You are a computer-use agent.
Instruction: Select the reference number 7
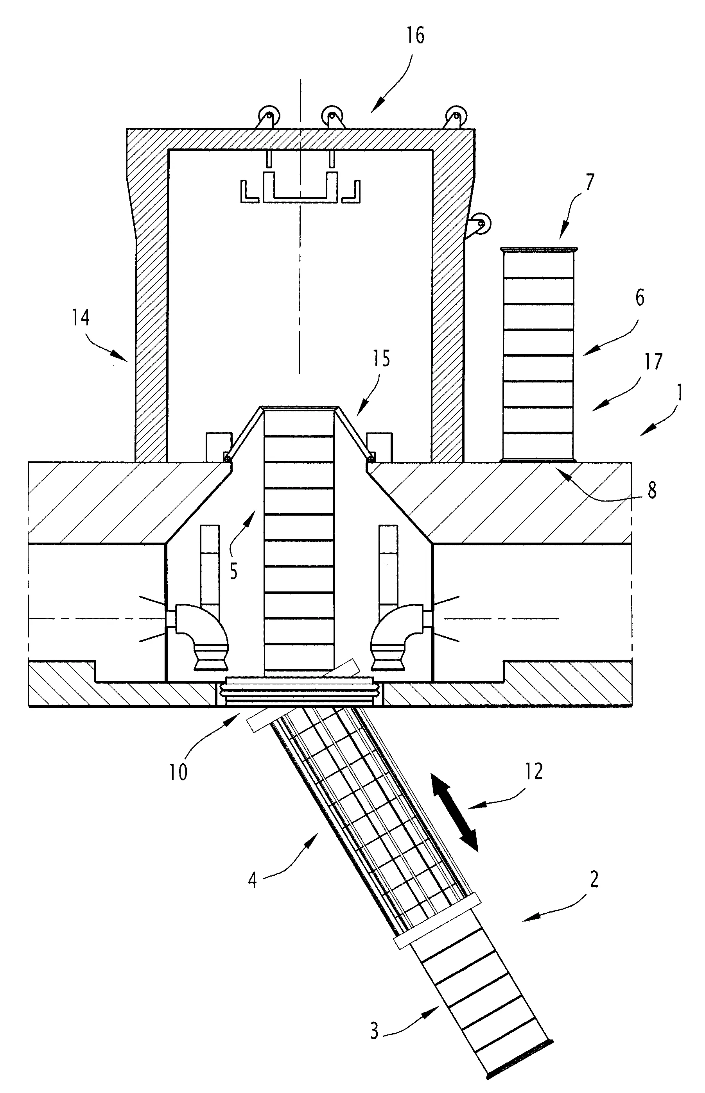coord(589,182)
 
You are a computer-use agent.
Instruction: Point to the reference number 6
coord(640,298)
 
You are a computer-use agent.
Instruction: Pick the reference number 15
coord(381,359)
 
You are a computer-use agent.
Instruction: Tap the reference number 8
coord(652,490)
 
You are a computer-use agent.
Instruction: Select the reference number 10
coord(178,772)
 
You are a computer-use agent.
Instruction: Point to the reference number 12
coord(533,771)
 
